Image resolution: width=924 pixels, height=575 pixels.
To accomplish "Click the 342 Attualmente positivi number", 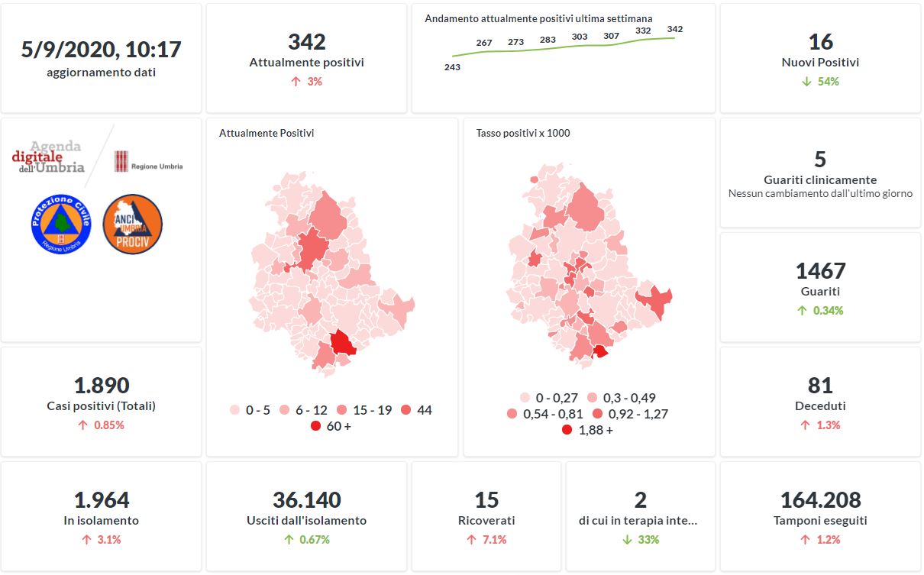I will (306, 42).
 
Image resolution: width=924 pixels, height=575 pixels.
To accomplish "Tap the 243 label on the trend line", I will (452, 67).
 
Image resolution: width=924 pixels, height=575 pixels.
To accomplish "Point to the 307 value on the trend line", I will (611, 36).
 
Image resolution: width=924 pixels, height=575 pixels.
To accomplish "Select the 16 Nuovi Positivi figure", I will (820, 42).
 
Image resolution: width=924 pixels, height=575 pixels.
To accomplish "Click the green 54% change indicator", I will (821, 81).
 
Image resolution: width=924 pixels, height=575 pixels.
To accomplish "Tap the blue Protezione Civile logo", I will (61, 224).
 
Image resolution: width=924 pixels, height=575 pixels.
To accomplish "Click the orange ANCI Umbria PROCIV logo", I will (132, 224).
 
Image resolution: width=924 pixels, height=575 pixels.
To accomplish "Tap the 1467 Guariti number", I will (820, 271).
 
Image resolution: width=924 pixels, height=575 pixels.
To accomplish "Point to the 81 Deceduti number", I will (820, 386).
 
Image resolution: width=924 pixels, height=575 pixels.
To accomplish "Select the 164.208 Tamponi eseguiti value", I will (820, 500).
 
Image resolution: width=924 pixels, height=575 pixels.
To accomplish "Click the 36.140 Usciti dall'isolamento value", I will (306, 500).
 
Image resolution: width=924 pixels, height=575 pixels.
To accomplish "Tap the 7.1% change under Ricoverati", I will (486, 539).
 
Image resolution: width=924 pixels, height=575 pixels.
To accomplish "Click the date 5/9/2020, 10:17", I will (101, 50).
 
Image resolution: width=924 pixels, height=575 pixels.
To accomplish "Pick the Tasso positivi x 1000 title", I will (522, 133).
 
